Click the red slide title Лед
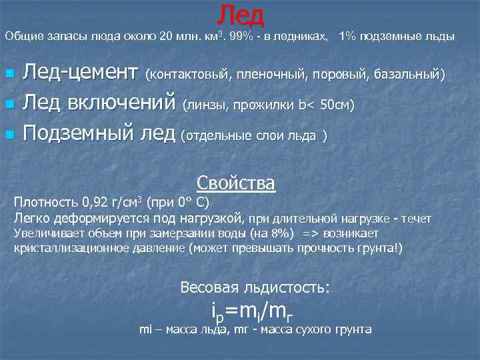241,14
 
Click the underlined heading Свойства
236,183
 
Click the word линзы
207,105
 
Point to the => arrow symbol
310,233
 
